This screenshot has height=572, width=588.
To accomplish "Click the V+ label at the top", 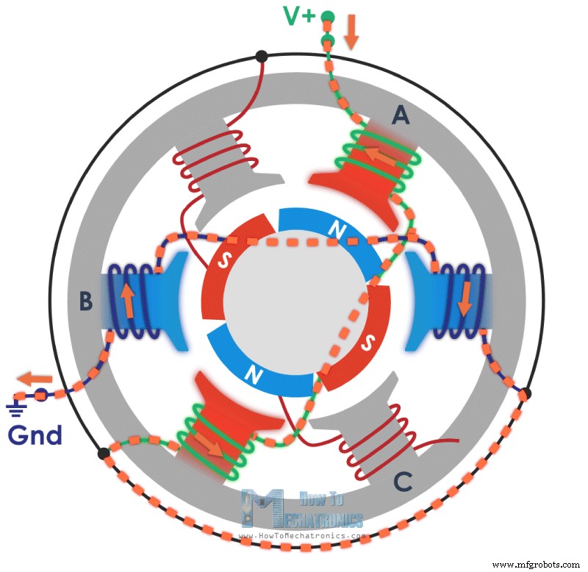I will tap(298, 15).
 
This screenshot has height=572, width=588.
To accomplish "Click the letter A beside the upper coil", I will tap(401, 115).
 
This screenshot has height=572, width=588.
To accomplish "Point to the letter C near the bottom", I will tap(401, 481).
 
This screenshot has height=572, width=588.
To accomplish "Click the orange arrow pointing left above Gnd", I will tap(35, 379).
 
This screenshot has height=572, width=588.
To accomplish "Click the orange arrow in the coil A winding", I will tap(379, 155).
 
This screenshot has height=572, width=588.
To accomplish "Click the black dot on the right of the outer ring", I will tap(525, 394).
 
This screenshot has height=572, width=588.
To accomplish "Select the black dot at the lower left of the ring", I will tap(104, 454).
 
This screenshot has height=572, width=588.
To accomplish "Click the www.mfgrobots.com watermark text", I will tap(535, 565).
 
